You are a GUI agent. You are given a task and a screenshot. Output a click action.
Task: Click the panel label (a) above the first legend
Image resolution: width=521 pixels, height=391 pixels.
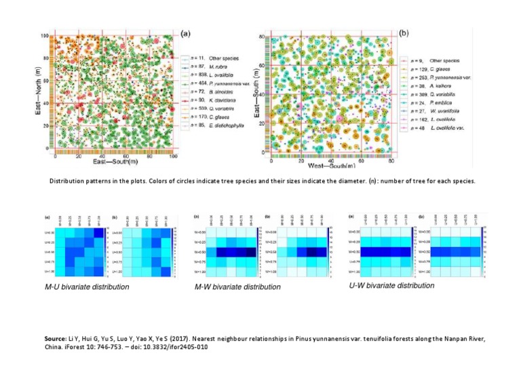tap(185, 33)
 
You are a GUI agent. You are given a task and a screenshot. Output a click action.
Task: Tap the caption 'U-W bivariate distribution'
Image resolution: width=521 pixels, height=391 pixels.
tap(391, 286)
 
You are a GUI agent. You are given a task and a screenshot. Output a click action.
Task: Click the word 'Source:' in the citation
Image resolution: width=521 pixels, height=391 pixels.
tap(55, 337)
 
